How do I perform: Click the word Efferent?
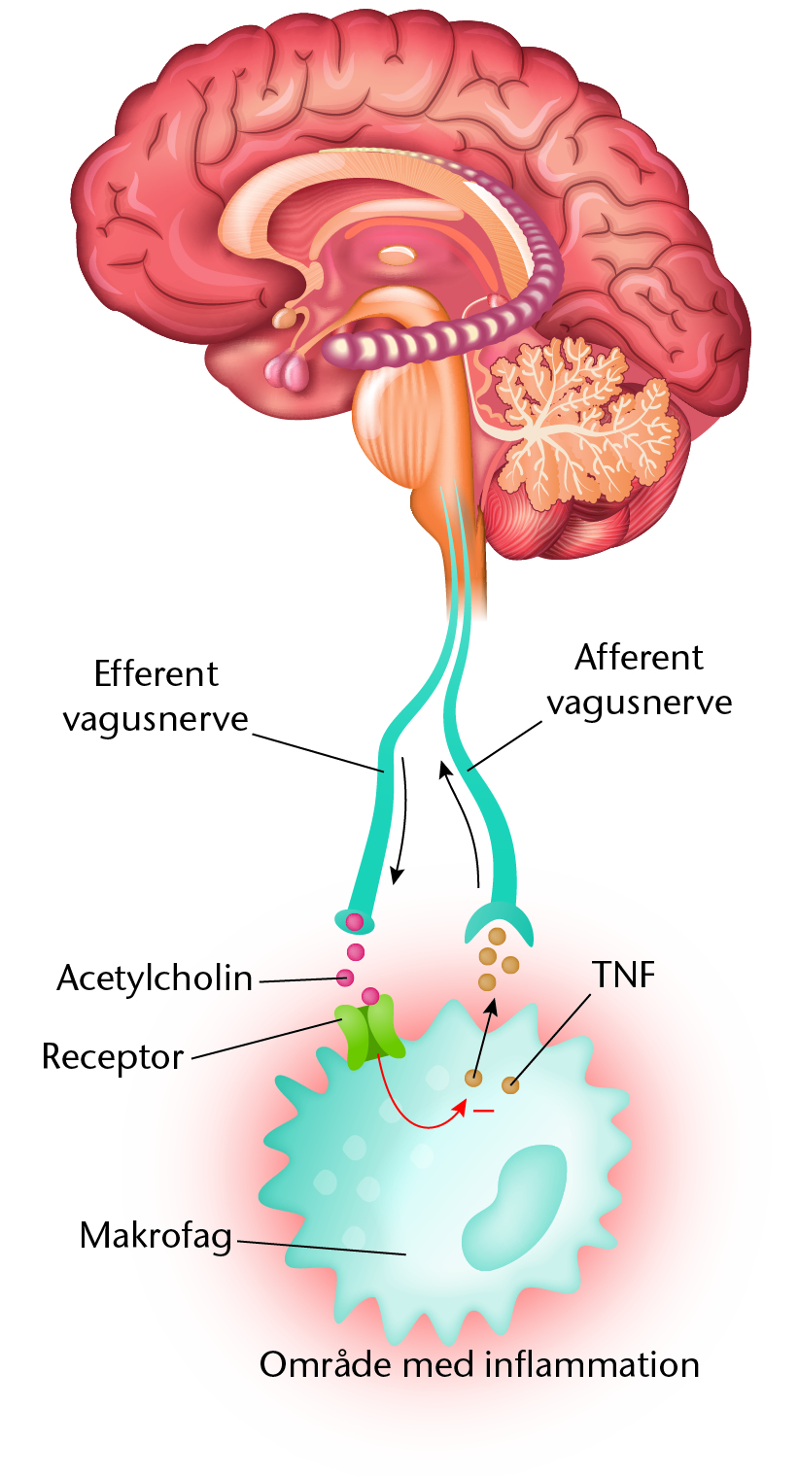coord(156,673)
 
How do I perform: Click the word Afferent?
coord(639,657)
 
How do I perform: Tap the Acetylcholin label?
coord(155,978)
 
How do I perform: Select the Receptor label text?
coord(113,1057)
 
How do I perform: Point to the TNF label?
coord(624,975)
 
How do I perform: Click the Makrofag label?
coord(156,1235)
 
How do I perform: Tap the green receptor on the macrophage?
coord(370,1033)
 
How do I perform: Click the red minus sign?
coord(484,1112)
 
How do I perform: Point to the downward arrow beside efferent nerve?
coord(400,820)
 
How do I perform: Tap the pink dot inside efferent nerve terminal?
coord(355,922)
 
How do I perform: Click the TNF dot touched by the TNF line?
coord(510,1084)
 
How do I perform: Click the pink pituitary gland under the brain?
coord(288,372)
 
